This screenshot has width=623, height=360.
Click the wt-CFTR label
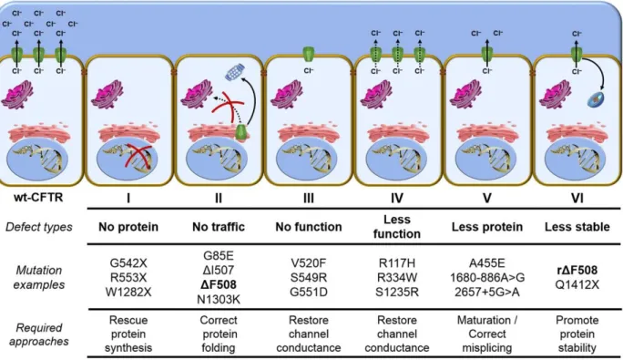click(x=38, y=197)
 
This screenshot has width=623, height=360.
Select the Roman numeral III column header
click(x=309, y=198)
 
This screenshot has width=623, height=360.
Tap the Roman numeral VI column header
click(x=577, y=198)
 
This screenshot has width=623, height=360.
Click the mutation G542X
click(x=128, y=263)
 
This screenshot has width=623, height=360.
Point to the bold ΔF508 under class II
click(x=218, y=285)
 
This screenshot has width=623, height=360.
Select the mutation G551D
click(x=309, y=292)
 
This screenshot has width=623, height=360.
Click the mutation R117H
click(x=397, y=263)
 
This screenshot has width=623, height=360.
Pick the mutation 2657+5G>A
click(x=487, y=292)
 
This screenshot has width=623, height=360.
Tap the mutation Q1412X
click(x=577, y=285)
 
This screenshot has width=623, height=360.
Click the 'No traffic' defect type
click(x=218, y=227)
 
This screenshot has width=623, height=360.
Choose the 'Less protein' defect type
click(x=487, y=227)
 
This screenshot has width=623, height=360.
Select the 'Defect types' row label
click(x=39, y=227)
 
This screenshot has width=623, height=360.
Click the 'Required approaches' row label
click(x=39, y=334)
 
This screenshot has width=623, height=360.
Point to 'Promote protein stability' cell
click(x=577, y=334)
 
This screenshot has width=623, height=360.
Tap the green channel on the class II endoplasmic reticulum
click(x=241, y=132)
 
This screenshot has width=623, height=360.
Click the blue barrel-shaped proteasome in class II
click(x=235, y=72)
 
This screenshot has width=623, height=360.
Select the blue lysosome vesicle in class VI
click(x=596, y=100)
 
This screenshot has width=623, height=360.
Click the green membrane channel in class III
click(x=309, y=55)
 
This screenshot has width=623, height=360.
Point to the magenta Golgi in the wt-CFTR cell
click(x=17, y=94)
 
